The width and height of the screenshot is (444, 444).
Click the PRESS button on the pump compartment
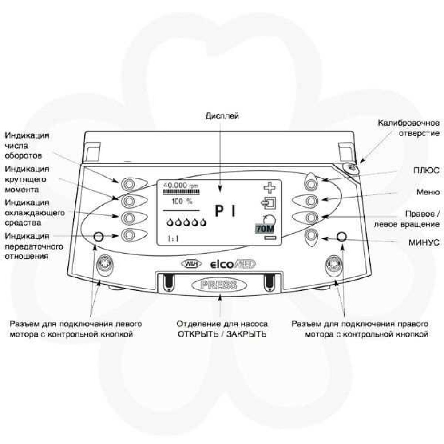(218, 285)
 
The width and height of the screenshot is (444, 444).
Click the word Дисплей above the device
(222, 116)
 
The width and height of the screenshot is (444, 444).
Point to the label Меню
(428, 192)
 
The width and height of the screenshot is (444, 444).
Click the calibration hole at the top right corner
(352, 168)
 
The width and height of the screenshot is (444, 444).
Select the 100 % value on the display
(182, 201)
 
